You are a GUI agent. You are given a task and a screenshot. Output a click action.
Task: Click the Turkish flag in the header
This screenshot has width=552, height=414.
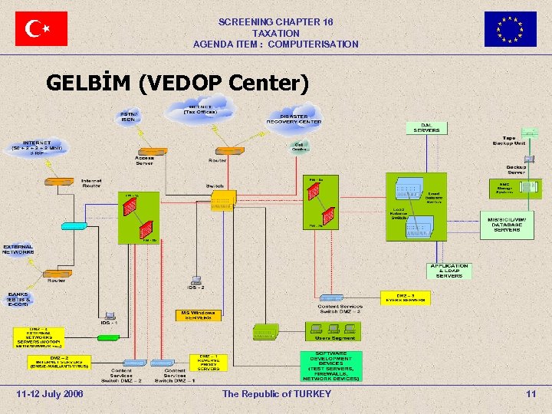coord(41,29)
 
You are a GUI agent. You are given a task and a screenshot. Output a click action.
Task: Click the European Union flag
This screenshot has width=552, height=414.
coord(510,29)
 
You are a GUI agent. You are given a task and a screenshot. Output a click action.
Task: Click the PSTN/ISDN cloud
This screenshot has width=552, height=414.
coord(128,117)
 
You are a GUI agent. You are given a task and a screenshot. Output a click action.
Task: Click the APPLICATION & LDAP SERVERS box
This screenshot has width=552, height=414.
coord(449,271)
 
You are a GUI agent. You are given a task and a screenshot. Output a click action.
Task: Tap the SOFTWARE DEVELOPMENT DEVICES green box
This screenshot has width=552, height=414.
coord(331,366)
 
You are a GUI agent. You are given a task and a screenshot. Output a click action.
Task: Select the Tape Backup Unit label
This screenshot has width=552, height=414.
coord(508,141)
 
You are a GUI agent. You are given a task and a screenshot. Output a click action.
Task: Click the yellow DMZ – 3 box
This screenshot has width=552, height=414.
coord(406,297)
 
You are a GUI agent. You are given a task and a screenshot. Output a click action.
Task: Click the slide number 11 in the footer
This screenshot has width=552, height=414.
coord(531,394)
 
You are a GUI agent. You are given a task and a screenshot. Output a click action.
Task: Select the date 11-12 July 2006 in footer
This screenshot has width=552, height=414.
coord(50,394)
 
